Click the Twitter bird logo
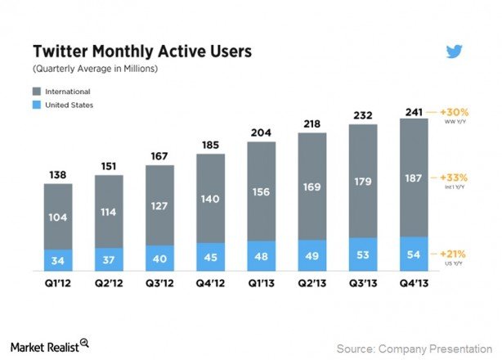tap(455, 52)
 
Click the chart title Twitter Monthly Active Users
tap(141, 52)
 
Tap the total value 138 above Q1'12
tap(58, 173)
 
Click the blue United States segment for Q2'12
tap(110, 259)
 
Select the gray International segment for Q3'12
tap(160, 205)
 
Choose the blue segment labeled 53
tap(363, 254)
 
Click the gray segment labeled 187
tap(414, 178)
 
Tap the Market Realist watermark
tap(49, 346)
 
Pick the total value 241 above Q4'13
tap(414, 111)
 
